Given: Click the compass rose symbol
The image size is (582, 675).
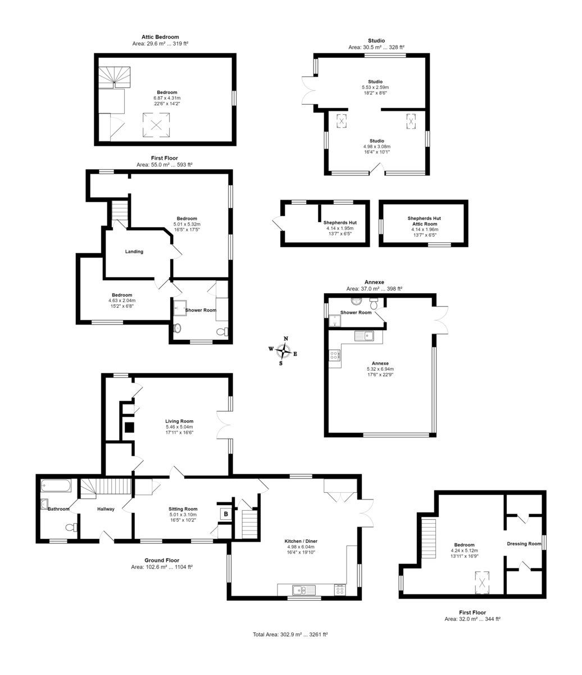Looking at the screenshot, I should [283, 350].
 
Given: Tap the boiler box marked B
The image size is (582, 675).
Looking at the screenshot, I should [226, 514].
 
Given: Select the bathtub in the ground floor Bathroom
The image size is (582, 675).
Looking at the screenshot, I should [54, 485].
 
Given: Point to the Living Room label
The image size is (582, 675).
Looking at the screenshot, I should [179, 421].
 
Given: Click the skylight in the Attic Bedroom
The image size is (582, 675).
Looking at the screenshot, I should [156, 125].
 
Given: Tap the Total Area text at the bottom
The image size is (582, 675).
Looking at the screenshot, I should [290, 634].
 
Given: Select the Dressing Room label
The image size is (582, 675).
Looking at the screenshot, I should [524, 543].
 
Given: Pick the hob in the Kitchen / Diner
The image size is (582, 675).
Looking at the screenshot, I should [339, 590].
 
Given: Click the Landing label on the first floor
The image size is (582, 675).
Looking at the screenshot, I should [134, 251].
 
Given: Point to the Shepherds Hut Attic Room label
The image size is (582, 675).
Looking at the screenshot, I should [424, 220].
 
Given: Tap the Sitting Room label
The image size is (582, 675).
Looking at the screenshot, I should [183, 508].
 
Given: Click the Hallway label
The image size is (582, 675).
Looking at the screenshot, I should [106, 509].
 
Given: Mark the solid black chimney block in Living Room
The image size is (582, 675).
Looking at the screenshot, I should [129, 427].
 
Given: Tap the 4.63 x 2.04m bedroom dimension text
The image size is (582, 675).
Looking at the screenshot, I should [122, 300].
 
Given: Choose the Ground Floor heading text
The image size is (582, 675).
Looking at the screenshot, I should [162, 560].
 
